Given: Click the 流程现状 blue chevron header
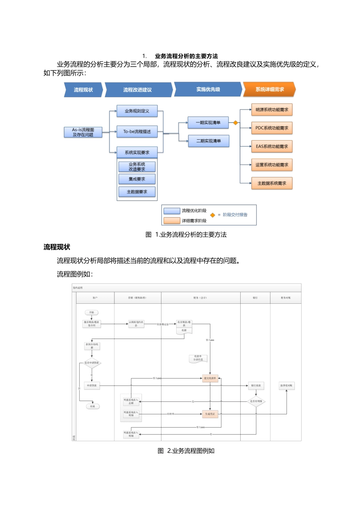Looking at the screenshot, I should point(83,90).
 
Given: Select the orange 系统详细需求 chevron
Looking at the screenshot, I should point(269,89).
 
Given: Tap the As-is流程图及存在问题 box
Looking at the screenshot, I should point(83,132).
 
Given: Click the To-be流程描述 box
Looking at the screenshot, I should point(137,131).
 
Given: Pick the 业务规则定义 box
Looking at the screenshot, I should point(137,111).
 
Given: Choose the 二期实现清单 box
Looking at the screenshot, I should point(208,141).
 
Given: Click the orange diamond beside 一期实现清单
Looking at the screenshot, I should point(235,123).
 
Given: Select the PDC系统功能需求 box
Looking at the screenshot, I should point(272,128).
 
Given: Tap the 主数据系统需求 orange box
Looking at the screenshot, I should point(272,183).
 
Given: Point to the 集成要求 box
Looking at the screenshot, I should point(137,179).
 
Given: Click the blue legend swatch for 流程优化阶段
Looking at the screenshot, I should point(172,211).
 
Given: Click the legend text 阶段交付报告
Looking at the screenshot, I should point(235,215).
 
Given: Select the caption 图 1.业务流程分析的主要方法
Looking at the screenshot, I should point(186,235).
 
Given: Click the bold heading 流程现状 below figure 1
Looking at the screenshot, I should point(57,247).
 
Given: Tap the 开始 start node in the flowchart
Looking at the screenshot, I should point(92,312).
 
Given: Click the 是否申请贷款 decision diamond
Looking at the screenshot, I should point(92,363).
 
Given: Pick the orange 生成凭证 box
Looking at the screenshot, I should point(210,414).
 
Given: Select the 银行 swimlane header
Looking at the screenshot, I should point(255,298).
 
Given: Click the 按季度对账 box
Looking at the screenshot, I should point(286,386).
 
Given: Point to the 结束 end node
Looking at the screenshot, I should point(92,406).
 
